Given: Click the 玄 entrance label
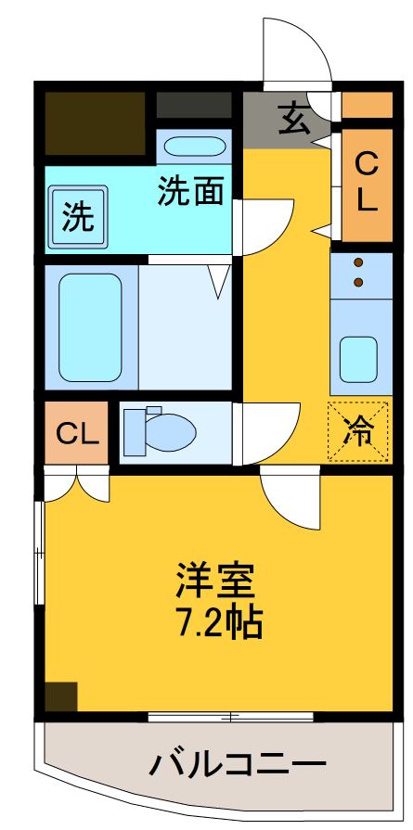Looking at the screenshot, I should pyautogui.click(x=293, y=121).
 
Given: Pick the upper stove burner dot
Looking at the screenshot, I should pyautogui.click(x=359, y=263).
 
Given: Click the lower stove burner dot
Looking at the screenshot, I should pyautogui.click(x=359, y=282).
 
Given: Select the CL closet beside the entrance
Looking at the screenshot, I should pyautogui.click(x=368, y=183).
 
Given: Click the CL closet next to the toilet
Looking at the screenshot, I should pyautogui.click(x=77, y=432).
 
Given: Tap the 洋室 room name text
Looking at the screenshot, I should pyautogui.click(x=216, y=582).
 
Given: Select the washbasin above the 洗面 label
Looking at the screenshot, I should pyautogui.click(x=192, y=147).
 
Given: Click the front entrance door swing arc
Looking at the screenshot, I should pyautogui.click(x=297, y=51).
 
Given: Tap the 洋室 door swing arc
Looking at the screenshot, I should pyautogui.click(x=289, y=499).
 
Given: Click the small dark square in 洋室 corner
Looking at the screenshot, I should pyautogui.click(x=61, y=696).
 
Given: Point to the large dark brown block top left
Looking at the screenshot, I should pyautogui.click(x=96, y=122).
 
